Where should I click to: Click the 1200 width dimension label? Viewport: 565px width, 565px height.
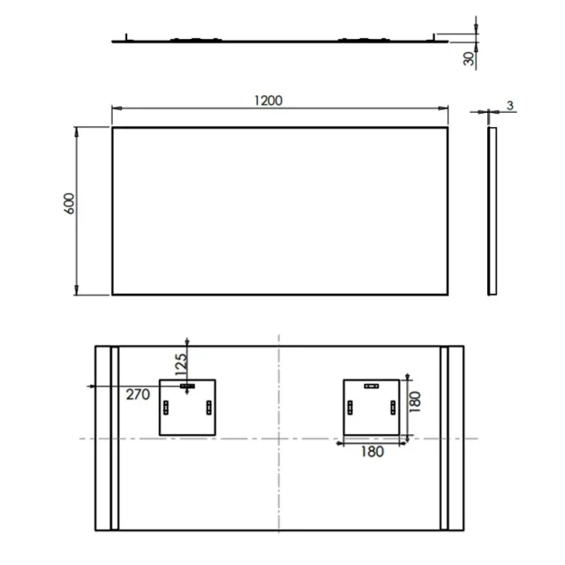point(268,100)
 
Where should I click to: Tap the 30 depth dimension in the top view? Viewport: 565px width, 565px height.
point(468,58)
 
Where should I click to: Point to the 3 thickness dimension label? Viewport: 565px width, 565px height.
point(510,106)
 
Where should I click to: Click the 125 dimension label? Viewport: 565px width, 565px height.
point(181,362)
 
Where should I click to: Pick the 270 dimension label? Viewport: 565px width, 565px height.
point(137,395)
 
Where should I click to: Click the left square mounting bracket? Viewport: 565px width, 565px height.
point(186,407)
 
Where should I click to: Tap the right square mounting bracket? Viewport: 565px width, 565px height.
point(372,407)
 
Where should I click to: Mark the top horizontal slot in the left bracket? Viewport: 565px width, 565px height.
point(187,386)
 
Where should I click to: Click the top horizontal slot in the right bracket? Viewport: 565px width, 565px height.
point(371,386)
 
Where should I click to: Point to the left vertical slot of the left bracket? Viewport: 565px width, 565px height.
point(167,408)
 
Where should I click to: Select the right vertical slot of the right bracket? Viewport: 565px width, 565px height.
point(393,408)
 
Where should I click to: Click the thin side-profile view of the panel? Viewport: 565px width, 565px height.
point(492,211)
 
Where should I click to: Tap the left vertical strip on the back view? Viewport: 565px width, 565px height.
point(113,439)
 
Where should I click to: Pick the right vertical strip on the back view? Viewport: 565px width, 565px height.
point(444,439)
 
